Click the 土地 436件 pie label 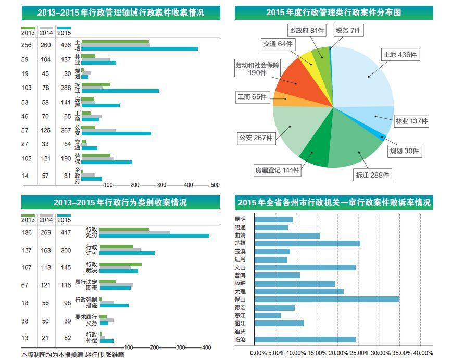pyautogui.click(x=400, y=55)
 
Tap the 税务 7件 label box pyautogui.click(x=348, y=31)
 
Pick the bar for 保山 pyautogui.click(x=329, y=299)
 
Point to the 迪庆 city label pyautogui.click(x=240, y=331)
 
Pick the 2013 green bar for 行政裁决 pyautogui.click(x=120, y=265)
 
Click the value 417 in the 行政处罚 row pyautogui.click(x=65, y=233)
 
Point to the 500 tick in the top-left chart pyautogui.click(x=215, y=185)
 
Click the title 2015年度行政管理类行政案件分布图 pyautogui.click(x=333, y=13)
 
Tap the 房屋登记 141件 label pyautogui.click(x=277, y=170)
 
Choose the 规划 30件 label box pyautogui.click(x=405, y=151)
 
